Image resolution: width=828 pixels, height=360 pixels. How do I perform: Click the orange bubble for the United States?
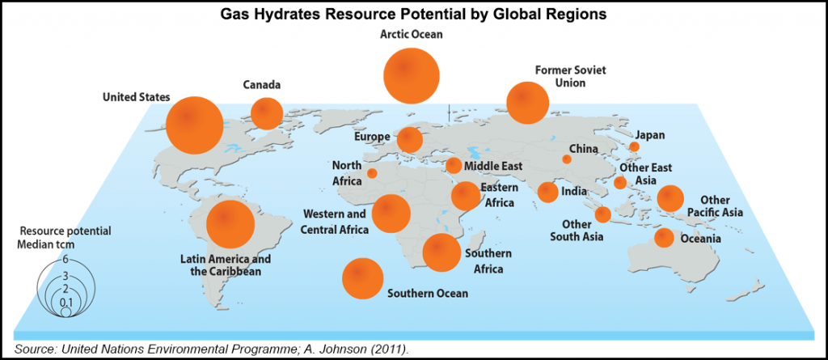tap(194, 125)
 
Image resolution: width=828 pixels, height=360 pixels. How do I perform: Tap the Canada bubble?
tap(264, 113)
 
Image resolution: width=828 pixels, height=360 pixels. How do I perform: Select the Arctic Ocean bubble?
tap(412, 74)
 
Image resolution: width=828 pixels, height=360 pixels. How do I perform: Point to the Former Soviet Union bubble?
tap(527, 102)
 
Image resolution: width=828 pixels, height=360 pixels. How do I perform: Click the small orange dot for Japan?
tap(634, 147)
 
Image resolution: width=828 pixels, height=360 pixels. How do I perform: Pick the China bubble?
tap(567, 159)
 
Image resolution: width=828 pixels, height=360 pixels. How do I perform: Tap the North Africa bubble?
tap(372, 172)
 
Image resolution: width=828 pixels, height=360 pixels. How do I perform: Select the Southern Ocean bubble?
tap(363, 278)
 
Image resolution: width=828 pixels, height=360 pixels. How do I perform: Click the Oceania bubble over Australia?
tap(664, 238)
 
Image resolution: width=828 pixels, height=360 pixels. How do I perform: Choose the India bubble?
tap(547, 192)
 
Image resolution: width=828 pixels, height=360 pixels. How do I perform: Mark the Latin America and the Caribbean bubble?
tap(230, 224)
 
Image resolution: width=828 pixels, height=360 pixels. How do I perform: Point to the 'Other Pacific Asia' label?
tap(714, 206)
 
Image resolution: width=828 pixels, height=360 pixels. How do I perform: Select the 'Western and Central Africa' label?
tap(336, 222)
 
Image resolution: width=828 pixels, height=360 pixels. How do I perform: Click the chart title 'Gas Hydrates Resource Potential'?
tap(414, 14)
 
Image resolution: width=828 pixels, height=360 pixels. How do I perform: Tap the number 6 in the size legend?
tap(65, 259)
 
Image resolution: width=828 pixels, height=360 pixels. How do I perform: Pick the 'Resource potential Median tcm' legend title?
tap(65, 237)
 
